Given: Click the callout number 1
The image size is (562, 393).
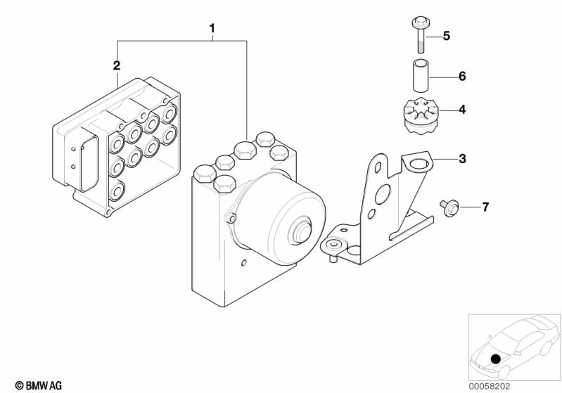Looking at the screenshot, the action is click(212, 28).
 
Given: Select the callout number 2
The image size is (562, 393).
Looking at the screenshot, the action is click(117, 65).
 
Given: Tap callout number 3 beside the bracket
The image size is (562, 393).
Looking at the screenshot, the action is click(462, 158).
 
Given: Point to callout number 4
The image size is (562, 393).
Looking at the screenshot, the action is click(462, 110).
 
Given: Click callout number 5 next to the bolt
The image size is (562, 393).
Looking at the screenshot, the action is click(446, 36).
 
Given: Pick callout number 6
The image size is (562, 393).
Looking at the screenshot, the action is click(462, 77).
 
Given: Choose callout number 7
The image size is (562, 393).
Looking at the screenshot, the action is click(485, 207).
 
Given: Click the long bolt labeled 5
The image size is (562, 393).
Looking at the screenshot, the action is click(421, 34).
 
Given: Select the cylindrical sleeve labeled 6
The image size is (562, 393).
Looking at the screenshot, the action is click(421, 77).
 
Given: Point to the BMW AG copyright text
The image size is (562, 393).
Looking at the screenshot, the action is click(39, 385).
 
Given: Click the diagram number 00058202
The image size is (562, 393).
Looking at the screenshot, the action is click(490, 387).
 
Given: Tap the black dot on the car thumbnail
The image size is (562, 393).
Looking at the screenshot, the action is click(496, 359).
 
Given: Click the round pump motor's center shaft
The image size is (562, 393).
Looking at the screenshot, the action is click(300, 231).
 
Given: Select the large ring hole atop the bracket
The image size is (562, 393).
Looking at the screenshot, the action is click(419, 164).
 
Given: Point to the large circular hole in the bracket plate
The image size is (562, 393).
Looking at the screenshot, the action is click(383, 195).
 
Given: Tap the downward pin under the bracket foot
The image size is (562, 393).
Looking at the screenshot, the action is click(333, 258).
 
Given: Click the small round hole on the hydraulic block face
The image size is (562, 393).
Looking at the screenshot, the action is click(244, 264).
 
